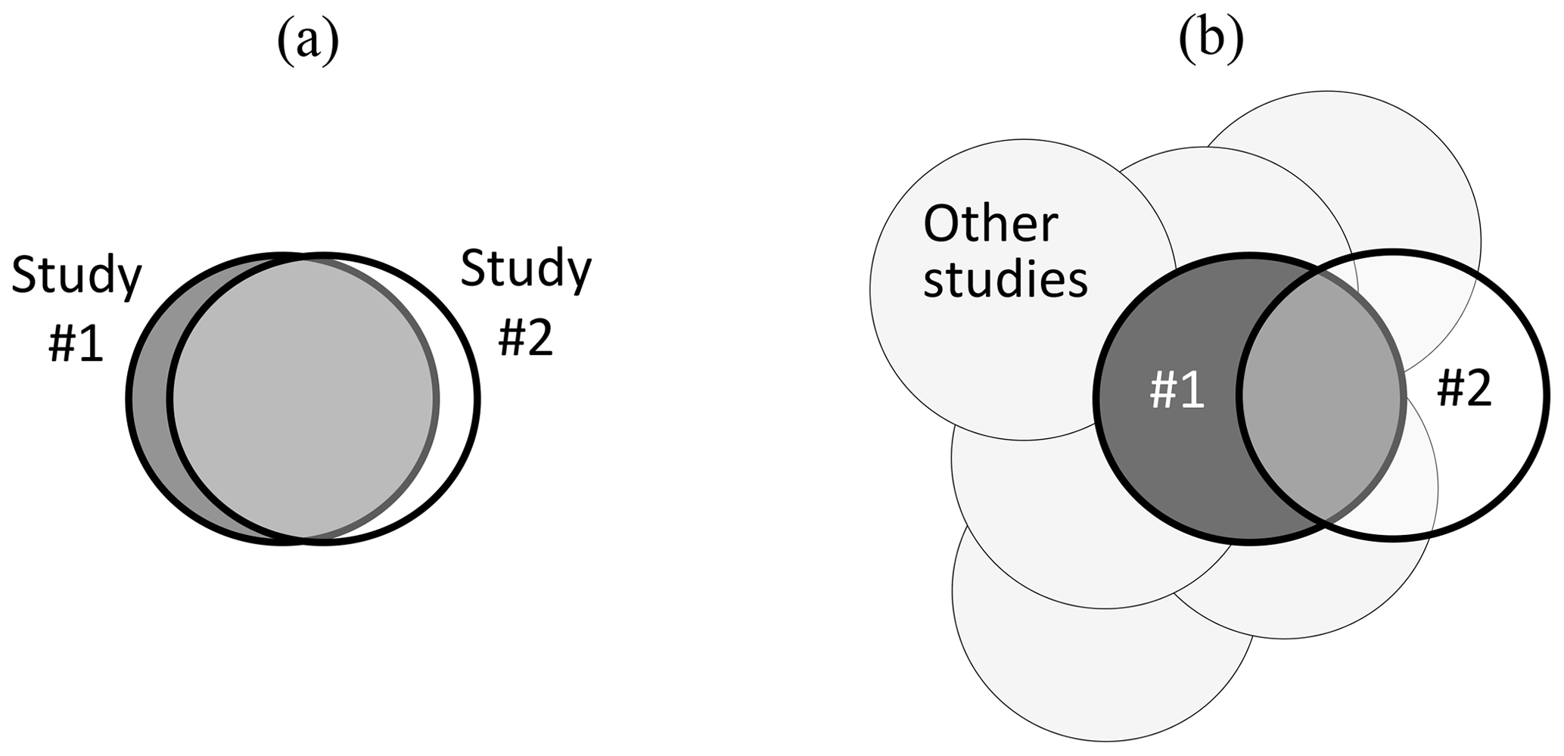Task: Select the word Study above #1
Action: tap(76, 275)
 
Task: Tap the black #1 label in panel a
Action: tap(76, 345)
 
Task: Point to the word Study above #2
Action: tap(526, 269)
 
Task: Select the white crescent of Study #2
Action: tap(458, 398)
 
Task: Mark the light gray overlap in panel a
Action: tap(303, 398)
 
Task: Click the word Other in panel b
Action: tap(990, 225)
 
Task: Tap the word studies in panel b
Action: tap(1006, 279)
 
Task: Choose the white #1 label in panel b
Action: tap(1177, 392)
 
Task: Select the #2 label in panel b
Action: tap(1464, 390)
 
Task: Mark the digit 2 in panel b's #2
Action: tap(1478, 390)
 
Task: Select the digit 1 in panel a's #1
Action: tap(90, 345)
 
